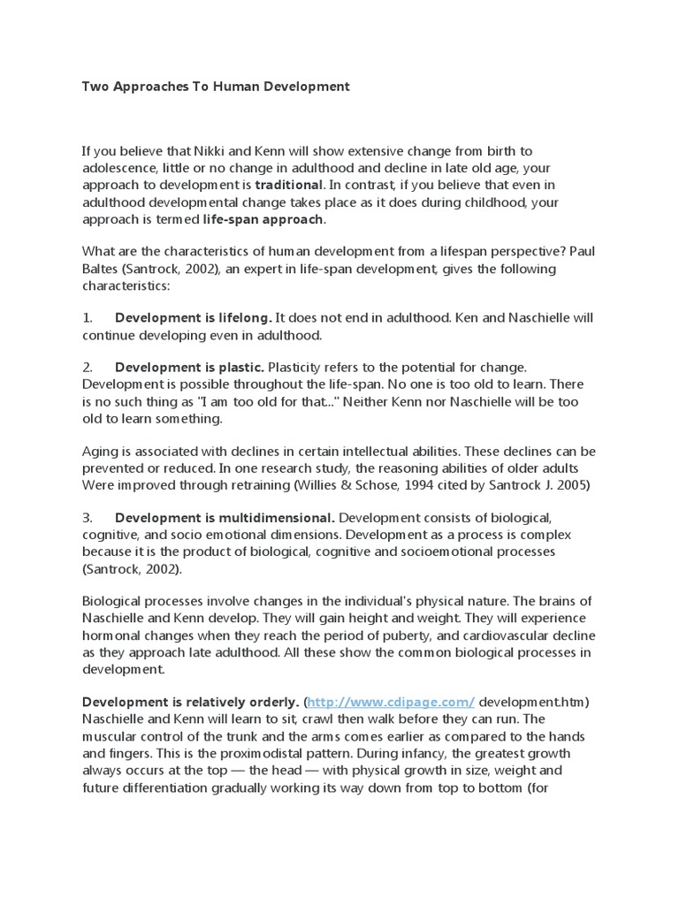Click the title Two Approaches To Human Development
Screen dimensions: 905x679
[x=216, y=87]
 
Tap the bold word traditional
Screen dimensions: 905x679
[x=289, y=186]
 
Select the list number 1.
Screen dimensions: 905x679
[x=87, y=317]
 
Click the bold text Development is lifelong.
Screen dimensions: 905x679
[x=194, y=317]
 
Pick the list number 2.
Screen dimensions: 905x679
[x=87, y=367]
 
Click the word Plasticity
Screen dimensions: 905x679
[x=298, y=367]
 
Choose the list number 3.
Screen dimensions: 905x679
[x=87, y=516]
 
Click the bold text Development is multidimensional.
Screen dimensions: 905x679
[x=225, y=516]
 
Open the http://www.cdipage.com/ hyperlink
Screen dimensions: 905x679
[x=392, y=702]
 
